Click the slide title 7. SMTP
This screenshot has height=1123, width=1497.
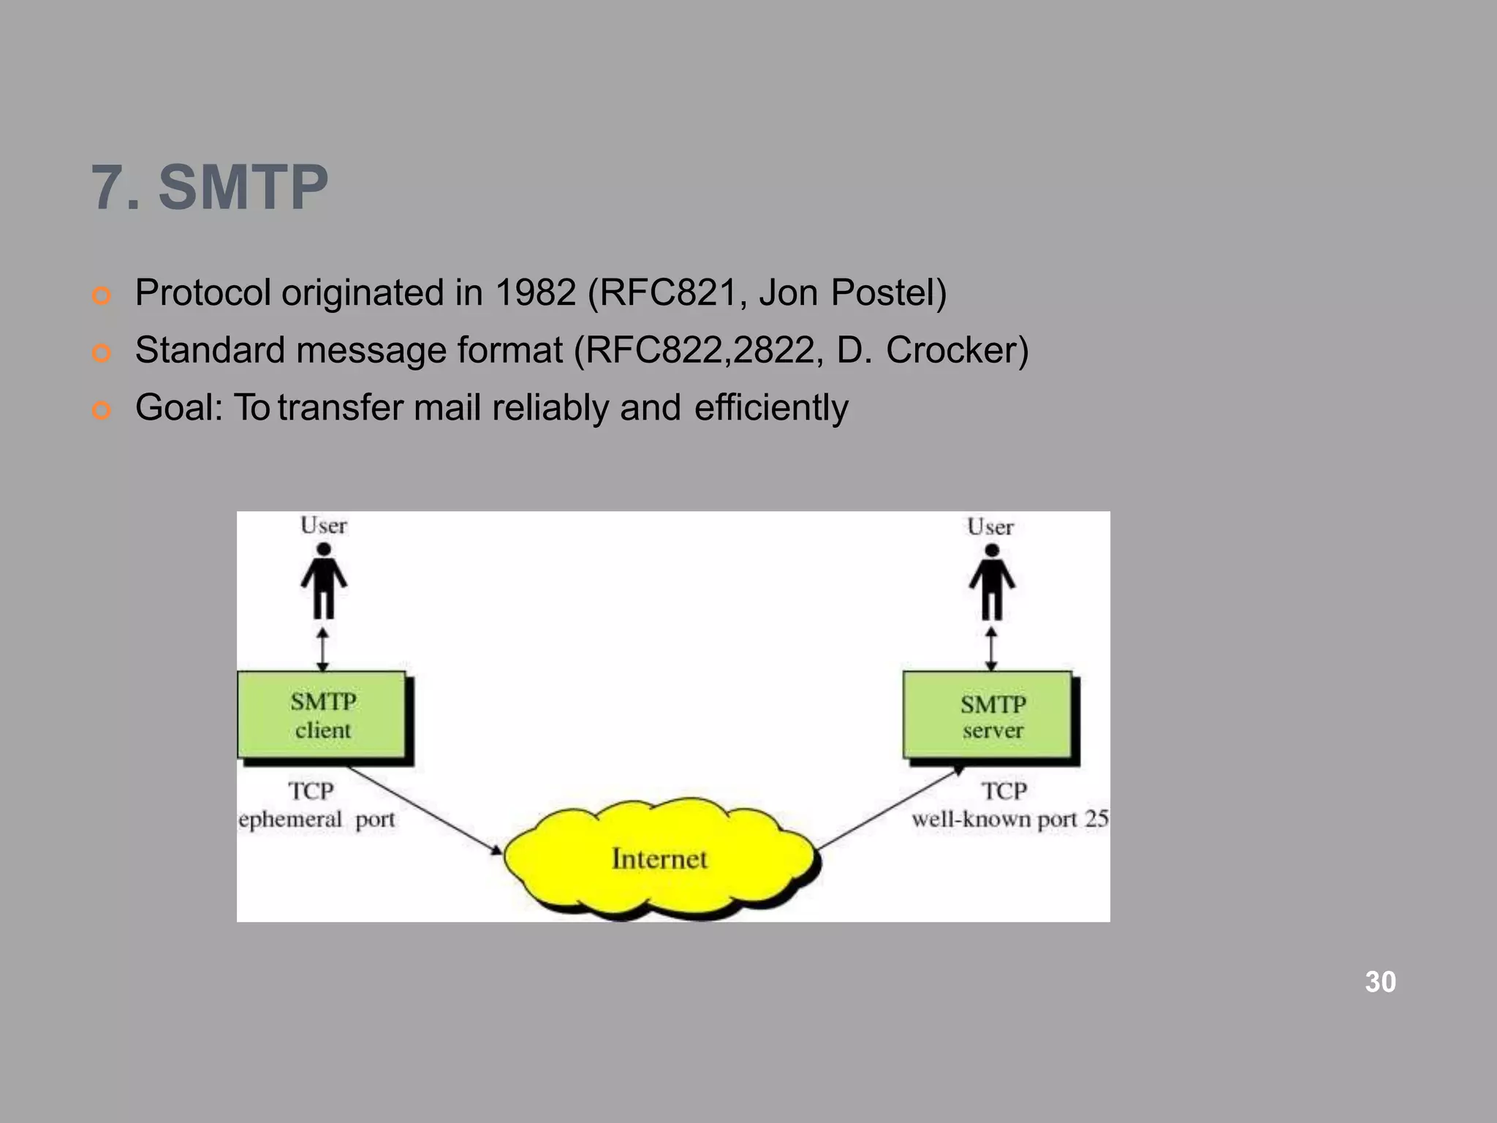pyautogui.click(x=210, y=188)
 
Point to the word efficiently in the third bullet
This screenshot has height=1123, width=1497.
pyautogui.click(x=771, y=407)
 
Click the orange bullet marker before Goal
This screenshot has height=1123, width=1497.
pyautogui.click(x=102, y=411)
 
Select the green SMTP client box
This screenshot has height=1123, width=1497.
pyautogui.click(x=322, y=715)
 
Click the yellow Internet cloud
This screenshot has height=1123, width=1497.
pyautogui.click(x=660, y=858)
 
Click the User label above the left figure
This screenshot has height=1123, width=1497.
pyautogui.click(x=324, y=526)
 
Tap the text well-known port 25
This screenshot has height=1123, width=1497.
pyautogui.click(x=1010, y=820)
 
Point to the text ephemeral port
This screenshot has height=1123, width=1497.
pyautogui.click(x=317, y=820)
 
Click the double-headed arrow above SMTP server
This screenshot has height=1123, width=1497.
pyautogui.click(x=991, y=648)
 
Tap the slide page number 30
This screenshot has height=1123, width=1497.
pyautogui.click(x=1380, y=982)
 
